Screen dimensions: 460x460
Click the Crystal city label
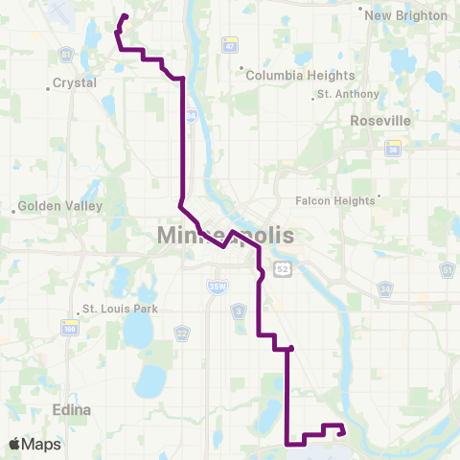tap(75, 83)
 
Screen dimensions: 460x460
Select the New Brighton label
tap(406, 15)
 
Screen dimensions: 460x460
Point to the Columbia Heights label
tap(300, 75)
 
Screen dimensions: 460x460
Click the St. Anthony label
tap(347, 94)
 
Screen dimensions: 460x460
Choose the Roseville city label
tap(380, 121)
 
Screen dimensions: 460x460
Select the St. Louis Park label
tap(119, 309)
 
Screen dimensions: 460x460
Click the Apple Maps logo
tap(34, 444)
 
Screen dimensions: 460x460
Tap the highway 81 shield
tap(66, 53)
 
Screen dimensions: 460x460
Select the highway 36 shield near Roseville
tap(393, 149)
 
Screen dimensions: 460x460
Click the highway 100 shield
tap(70, 329)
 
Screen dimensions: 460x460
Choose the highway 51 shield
tap(447, 271)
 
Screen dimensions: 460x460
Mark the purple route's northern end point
tap(126, 15)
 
